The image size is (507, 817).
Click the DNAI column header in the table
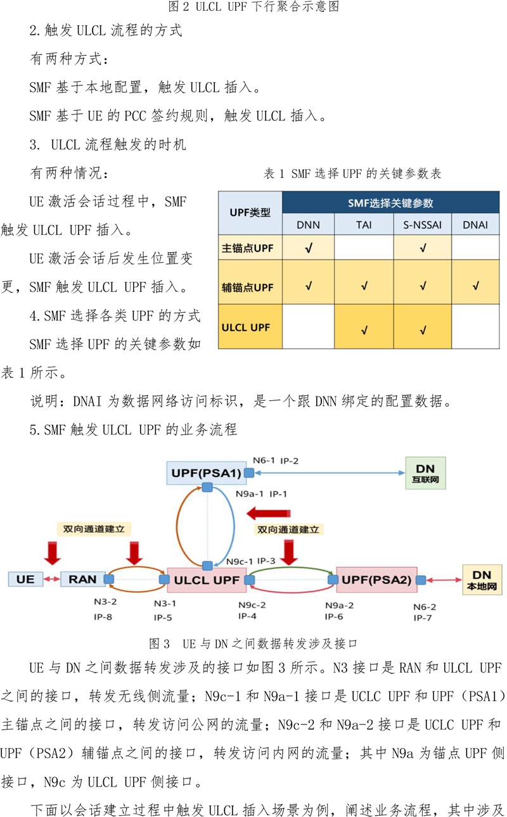(x=475, y=225)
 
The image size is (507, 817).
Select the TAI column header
(x=364, y=225)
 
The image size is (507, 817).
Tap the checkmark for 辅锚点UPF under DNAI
(x=475, y=286)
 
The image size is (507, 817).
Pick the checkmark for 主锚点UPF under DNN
(x=309, y=248)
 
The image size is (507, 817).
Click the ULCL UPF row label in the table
(x=246, y=327)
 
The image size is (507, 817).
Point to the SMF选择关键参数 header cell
(x=390, y=203)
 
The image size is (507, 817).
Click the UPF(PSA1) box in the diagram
(x=207, y=473)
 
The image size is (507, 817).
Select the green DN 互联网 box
(x=426, y=473)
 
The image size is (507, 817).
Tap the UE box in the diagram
(x=25, y=579)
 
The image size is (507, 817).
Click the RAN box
(x=83, y=579)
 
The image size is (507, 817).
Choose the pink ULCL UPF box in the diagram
(x=207, y=579)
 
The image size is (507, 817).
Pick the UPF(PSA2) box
(x=376, y=579)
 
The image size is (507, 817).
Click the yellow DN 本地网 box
(x=482, y=580)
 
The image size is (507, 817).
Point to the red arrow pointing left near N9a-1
(x=269, y=514)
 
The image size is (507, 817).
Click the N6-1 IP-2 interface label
(x=276, y=460)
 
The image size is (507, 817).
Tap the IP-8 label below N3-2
(x=103, y=617)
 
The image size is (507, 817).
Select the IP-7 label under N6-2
(x=423, y=618)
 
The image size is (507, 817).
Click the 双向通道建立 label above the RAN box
(x=94, y=529)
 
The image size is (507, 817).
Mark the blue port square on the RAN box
(x=109, y=579)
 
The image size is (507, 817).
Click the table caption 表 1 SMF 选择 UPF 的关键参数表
(x=352, y=174)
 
